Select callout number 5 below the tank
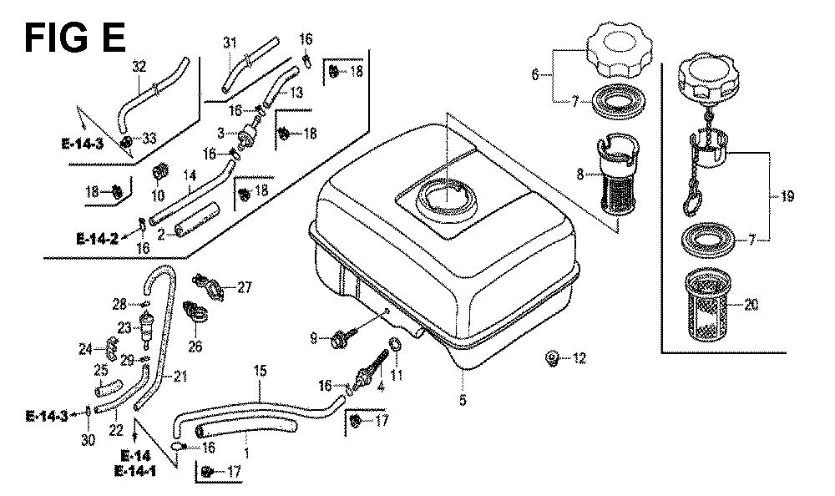pos(462,400)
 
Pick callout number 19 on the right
pos(787,198)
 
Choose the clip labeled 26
pos(190,314)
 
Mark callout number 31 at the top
pos(230,43)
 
